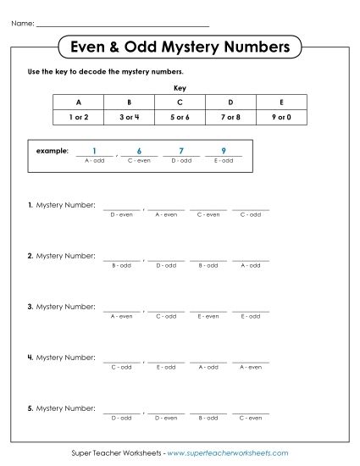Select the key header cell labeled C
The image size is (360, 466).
pos(179,101)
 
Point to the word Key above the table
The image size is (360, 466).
pos(179,87)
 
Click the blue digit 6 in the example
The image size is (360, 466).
pos(138,150)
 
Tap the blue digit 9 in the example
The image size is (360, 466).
pos(224,150)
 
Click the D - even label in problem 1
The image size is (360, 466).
pos(122,214)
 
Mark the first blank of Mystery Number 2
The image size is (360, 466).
pos(122,257)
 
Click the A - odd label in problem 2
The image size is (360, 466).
pos(250,265)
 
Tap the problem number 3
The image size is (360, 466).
pos(30,307)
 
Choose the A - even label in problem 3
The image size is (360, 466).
pos(122,316)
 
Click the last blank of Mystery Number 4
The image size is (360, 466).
pos(250,358)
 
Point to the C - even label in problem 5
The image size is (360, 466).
pos(250,418)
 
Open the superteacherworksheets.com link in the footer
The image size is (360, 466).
pos(228,453)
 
